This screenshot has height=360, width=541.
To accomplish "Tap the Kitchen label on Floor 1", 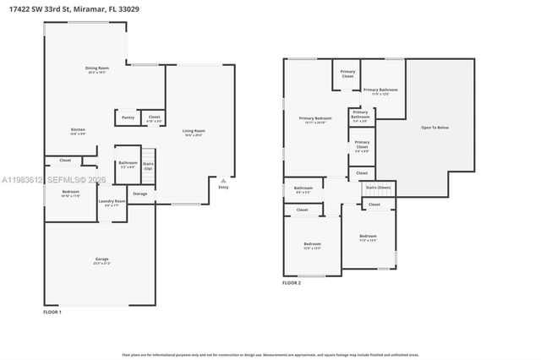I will (x=77, y=130).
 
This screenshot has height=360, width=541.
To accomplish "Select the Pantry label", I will (x=128, y=117).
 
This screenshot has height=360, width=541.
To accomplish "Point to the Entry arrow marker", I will (x=223, y=180).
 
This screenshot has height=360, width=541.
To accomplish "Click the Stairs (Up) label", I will (x=148, y=166).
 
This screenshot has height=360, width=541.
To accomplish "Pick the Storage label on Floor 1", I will (x=139, y=194).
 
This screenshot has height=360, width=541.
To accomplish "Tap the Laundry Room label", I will (x=112, y=201).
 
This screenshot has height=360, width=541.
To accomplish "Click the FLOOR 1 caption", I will (x=52, y=312).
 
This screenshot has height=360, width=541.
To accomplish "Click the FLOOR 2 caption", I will (x=292, y=283).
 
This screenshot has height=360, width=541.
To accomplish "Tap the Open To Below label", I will (x=434, y=128).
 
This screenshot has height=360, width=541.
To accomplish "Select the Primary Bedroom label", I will (x=314, y=119).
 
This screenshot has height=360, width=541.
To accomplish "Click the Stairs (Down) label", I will (x=378, y=187).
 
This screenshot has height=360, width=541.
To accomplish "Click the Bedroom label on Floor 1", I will (x=70, y=193).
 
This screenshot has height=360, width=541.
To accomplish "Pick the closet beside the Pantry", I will (x=154, y=118).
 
